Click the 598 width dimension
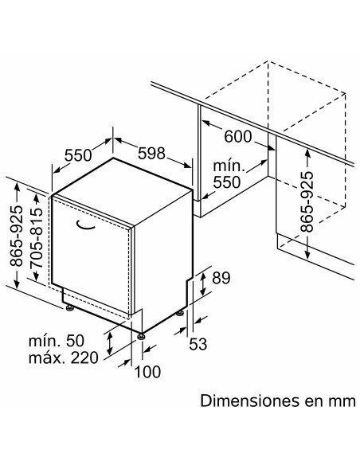click(151, 154)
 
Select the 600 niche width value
click(238, 137)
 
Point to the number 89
click(221, 278)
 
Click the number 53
click(198, 344)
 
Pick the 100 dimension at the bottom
click(147, 372)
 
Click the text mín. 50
click(57, 341)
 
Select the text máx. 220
click(63, 358)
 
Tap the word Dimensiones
click(249, 401)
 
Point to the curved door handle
click(85, 225)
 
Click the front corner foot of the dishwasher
click(141, 336)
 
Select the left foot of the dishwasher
click(70, 308)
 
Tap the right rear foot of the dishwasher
click(180, 313)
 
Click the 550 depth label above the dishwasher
click(78, 155)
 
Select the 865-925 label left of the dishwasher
click(16, 236)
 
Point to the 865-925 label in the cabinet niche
click(307, 201)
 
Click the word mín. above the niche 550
click(229, 166)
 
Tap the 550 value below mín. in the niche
click(226, 182)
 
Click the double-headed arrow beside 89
click(203, 284)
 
